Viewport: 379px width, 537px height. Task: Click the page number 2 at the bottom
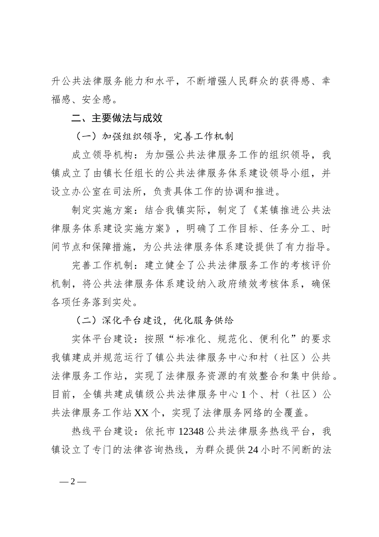pos(73,481)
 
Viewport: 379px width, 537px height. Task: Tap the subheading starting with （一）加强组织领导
pos(154,136)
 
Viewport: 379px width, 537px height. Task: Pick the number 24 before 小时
pos(253,449)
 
